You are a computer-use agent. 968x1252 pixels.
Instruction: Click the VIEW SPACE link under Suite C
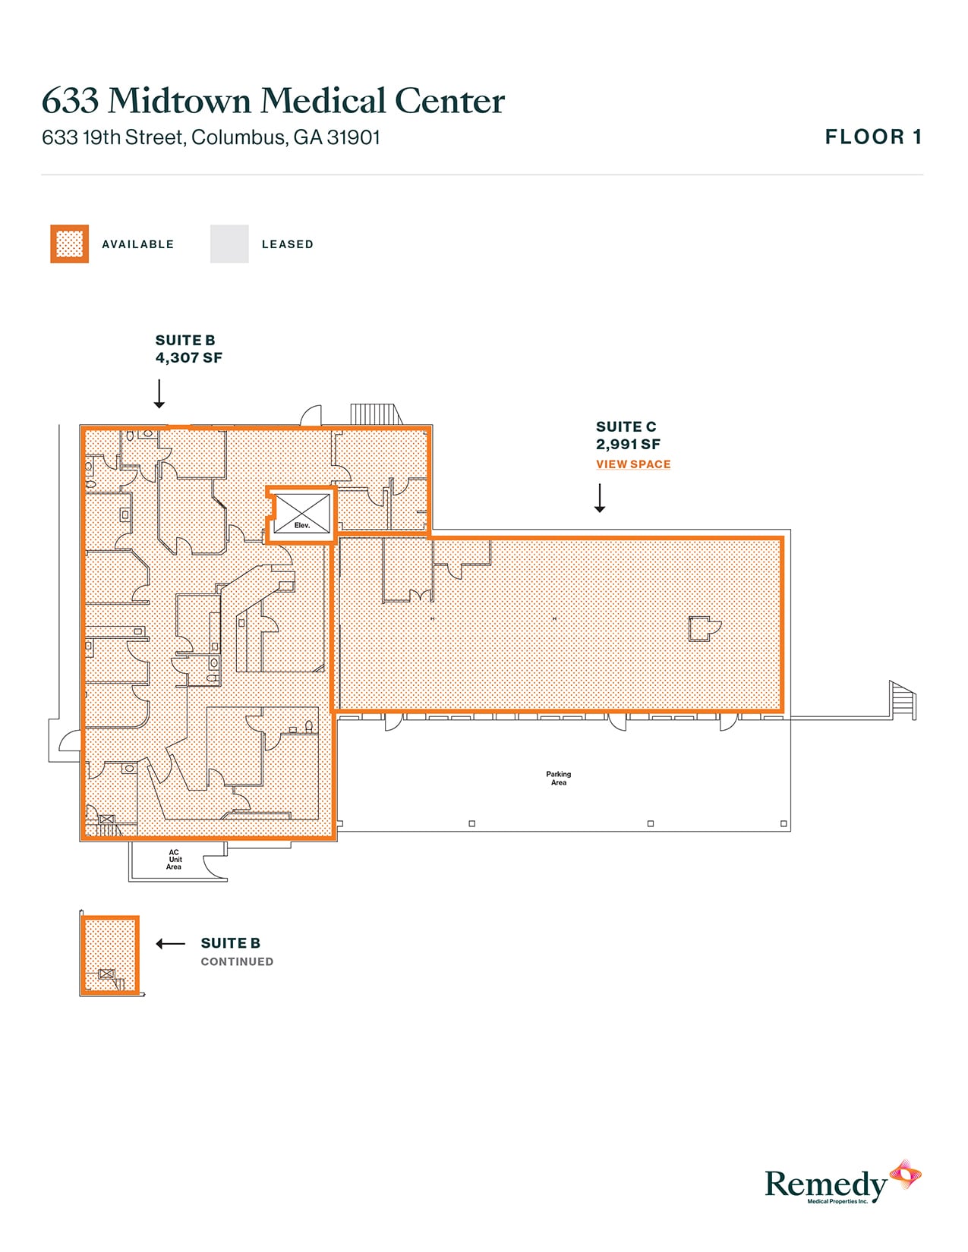click(x=633, y=464)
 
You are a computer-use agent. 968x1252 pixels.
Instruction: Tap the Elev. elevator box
click(x=302, y=514)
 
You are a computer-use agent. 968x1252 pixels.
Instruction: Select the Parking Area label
click(x=559, y=779)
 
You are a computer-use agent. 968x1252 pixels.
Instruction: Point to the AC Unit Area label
click(x=175, y=860)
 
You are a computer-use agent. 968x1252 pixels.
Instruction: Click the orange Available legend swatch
click(x=69, y=244)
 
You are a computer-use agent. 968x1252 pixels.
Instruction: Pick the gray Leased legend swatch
click(x=229, y=244)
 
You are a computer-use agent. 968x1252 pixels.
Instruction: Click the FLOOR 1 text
click(x=873, y=137)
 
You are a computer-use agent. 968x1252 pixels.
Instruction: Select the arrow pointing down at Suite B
click(x=159, y=394)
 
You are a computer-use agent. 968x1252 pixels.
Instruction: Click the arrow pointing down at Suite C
click(x=600, y=498)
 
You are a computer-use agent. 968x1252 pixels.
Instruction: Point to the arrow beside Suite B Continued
click(x=170, y=944)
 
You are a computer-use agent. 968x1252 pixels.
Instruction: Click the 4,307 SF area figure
click(x=189, y=358)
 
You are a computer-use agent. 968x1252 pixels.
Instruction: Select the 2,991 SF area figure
click(x=628, y=445)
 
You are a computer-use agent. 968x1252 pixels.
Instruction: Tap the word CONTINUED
click(x=237, y=962)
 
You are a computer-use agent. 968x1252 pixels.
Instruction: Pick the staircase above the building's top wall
click(x=374, y=414)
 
